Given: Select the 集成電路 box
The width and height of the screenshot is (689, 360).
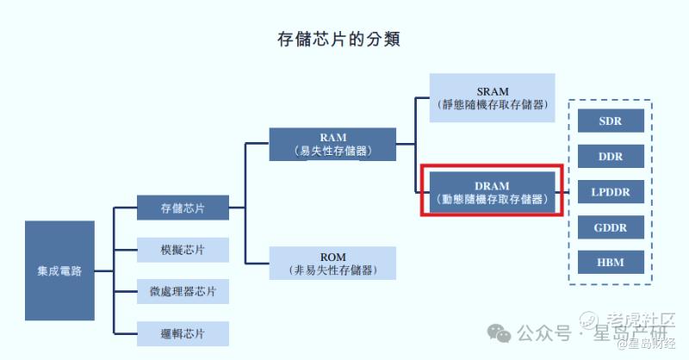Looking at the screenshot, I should tap(59, 271).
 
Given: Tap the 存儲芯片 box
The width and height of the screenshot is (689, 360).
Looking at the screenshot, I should tap(183, 208).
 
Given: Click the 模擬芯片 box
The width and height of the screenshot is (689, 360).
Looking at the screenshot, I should tap(183, 250).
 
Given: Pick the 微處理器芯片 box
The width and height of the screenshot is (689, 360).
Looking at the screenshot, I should tap(183, 291).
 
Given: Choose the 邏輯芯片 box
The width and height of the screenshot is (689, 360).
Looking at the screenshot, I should tap(183, 333).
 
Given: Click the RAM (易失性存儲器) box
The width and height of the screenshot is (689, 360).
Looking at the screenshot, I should tap(332, 145).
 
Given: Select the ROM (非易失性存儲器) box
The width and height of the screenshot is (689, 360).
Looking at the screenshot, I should tap(332, 264).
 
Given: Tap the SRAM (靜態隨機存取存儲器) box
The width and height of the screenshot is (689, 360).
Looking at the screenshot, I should tap(493, 98).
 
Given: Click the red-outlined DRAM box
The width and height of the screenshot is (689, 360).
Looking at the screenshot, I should tap(493, 192).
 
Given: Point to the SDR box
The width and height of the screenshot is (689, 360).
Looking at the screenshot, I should tap(611, 121).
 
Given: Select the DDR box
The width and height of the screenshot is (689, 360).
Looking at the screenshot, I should tap(611, 157).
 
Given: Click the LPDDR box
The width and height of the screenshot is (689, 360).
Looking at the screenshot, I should tap(611, 192).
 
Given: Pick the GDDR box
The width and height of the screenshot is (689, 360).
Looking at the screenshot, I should tap(611, 227).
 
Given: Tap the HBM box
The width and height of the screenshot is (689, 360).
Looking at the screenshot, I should tap(611, 263).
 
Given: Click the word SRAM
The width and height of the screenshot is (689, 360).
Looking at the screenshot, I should tap(493, 91).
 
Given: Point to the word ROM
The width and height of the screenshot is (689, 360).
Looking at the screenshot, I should tap(332, 257).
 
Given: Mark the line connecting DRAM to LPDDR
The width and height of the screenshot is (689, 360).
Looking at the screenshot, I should tap(566, 192).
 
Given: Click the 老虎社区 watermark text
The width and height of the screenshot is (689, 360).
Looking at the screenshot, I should tap(642, 320).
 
